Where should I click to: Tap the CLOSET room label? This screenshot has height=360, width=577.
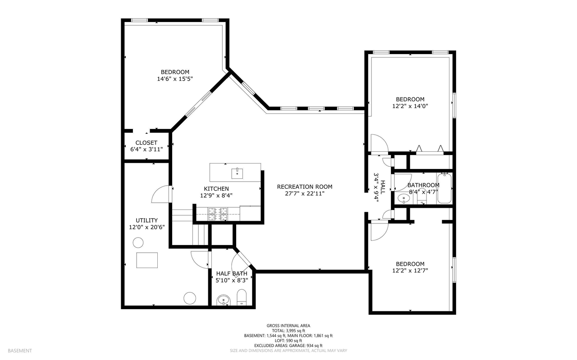click(x=147, y=143)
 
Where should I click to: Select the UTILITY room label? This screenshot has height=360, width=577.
click(x=147, y=220)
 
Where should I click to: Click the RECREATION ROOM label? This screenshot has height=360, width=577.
click(x=304, y=187)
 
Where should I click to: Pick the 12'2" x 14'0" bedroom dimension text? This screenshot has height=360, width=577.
click(x=410, y=106)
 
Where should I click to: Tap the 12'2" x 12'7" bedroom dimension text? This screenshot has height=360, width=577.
click(x=410, y=271)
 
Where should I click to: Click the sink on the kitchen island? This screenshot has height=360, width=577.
click(x=237, y=172)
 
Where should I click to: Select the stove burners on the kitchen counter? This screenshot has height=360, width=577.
click(x=218, y=214)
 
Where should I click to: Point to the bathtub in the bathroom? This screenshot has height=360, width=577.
click(x=444, y=189)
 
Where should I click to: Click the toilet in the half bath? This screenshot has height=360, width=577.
click(x=242, y=298)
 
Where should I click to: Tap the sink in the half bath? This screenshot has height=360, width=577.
click(x=223, y=300)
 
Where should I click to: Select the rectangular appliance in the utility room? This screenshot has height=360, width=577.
click(x=147, y=260)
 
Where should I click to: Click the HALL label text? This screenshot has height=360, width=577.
click(x=382, y=186)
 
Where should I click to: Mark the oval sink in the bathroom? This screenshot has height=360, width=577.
click(x=402, y=197)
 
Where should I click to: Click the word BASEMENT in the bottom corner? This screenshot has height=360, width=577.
click(x=20, y=351)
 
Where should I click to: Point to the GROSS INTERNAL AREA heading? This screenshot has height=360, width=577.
click(x=288, y=325)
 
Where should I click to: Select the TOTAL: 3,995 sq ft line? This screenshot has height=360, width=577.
click(x=288, y=330)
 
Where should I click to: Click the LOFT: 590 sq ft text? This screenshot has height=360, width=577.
click(x=288, y=341)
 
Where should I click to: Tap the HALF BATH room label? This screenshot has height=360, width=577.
click(x=232, y=273)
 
